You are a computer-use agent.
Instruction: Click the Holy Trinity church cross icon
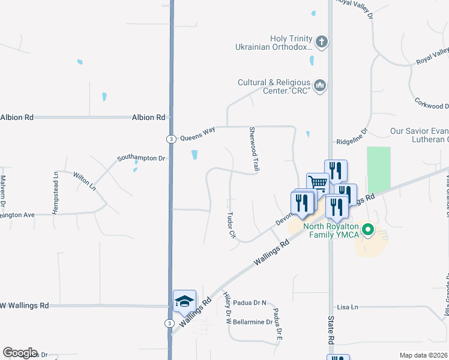[x=322, y=42]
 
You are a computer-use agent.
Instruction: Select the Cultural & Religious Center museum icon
[x=320, y=86]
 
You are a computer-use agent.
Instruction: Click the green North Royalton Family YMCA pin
[x=369, y=230]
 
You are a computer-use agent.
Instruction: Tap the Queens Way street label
[x=197, y=136]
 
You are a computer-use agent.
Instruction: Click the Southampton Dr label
[x=140, y=158]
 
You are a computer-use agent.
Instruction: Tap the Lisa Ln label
[x=348, y=307]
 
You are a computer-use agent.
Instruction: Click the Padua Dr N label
[x=250, y=302]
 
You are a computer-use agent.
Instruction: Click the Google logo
[x=19, y=353]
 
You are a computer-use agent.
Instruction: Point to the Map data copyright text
[x=424, y=355]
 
